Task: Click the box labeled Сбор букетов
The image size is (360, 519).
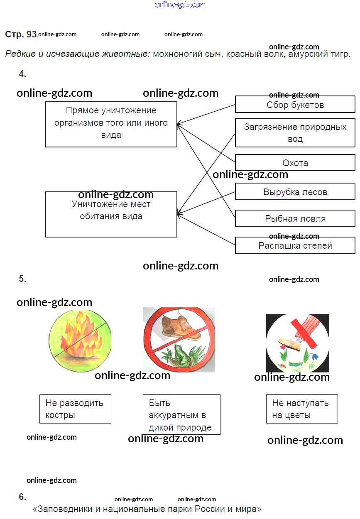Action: click(295, 104)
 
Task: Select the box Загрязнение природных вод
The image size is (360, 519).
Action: click(295, 132)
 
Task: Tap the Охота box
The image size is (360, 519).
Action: click(295, 163)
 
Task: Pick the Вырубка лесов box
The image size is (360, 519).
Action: click(295, 192)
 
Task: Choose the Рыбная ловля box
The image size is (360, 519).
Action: click(295, 218)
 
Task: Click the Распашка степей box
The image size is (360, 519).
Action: click(295, 245)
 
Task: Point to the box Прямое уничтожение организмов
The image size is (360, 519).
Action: click(111, 124)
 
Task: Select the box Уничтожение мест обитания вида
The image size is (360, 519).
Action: click(111, 214)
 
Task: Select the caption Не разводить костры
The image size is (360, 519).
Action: click(75, 409)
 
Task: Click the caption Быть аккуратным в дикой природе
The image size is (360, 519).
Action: click(181, 415)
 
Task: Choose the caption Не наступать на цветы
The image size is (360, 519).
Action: click(301, 409)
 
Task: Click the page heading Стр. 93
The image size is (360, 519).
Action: click(21, 34)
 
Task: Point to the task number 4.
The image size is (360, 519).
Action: click(22, 74)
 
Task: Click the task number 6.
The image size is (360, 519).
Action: click(22, 497)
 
